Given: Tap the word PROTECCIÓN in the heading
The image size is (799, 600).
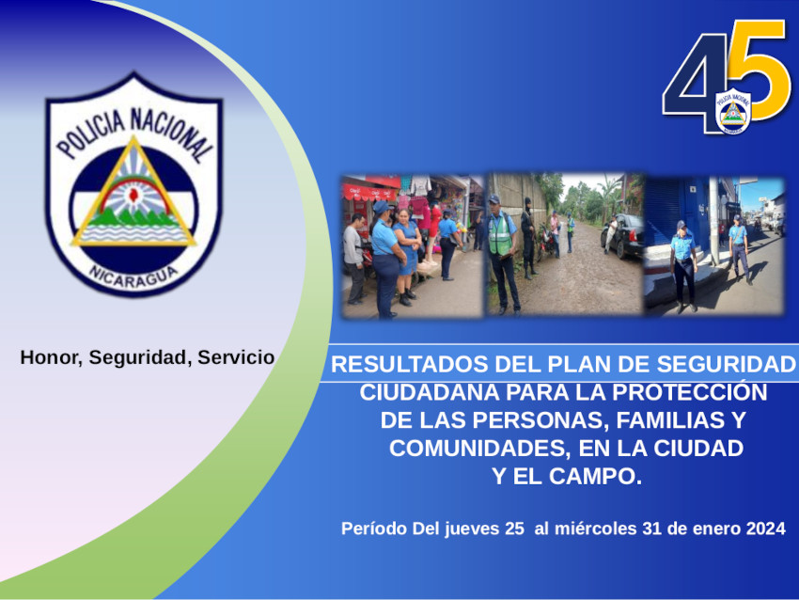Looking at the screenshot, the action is pos(689,392).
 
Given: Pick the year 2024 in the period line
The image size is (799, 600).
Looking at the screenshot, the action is pos(766,529).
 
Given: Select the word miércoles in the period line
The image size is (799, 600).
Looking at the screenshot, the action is pos(596,529).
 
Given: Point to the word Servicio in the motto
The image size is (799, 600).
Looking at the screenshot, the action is pos(236,357).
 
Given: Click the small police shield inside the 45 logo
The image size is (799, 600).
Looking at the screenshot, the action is pos(733,111).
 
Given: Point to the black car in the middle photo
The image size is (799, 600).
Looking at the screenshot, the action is pos(622,235).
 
